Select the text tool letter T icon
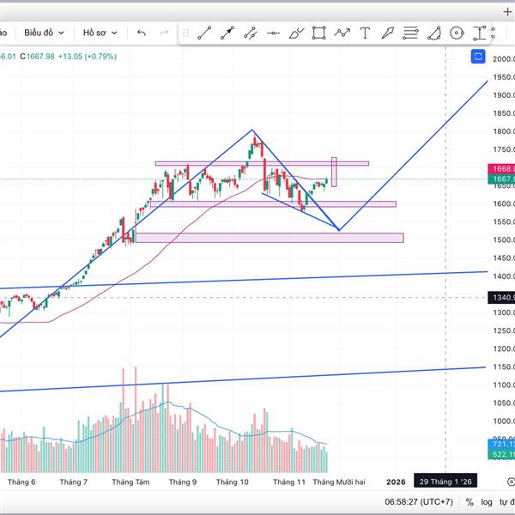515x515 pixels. (x=365, y=33)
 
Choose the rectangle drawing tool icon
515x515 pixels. (x=319, y=33)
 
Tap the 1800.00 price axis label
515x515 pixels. (x=503, y=131)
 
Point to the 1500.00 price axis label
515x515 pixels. (x=503, y=240)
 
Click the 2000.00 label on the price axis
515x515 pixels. (x=503, y=58)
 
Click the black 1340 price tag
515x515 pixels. (x=501, y=298)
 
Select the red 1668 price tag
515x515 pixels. (x=501, y=169)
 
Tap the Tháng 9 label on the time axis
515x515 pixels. (x=182, y=482)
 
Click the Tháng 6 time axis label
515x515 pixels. (x=21, y=482)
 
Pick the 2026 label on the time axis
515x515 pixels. (x=396, y=482)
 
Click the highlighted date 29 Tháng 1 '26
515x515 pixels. (x=445, y=482)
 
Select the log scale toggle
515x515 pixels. (x=488, y=502)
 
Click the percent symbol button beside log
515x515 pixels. (x=469, y=502)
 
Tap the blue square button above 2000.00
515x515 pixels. (x=479, y=57)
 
